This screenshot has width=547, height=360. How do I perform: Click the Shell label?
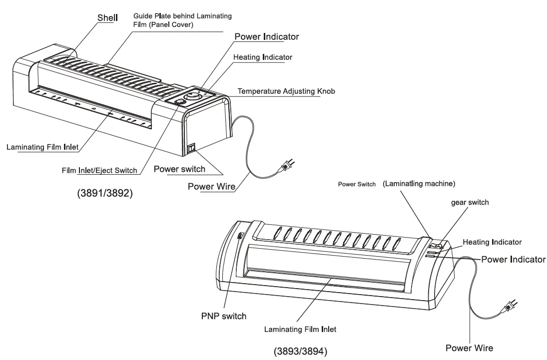point(107,18)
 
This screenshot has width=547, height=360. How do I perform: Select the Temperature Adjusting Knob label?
point(286,91)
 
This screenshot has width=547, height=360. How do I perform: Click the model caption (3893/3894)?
point(300,352)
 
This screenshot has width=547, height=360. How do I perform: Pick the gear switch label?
point(470,202)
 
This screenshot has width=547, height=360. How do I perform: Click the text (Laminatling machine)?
point(419,184)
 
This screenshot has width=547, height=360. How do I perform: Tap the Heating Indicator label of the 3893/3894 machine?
point(492,242)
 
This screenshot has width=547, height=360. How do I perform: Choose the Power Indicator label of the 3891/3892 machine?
point(267,37)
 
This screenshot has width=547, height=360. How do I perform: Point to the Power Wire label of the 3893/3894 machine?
point(469,348)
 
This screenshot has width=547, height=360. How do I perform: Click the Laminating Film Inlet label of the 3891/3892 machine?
point(42,147)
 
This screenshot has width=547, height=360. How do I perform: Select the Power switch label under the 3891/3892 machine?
point(179,169)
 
